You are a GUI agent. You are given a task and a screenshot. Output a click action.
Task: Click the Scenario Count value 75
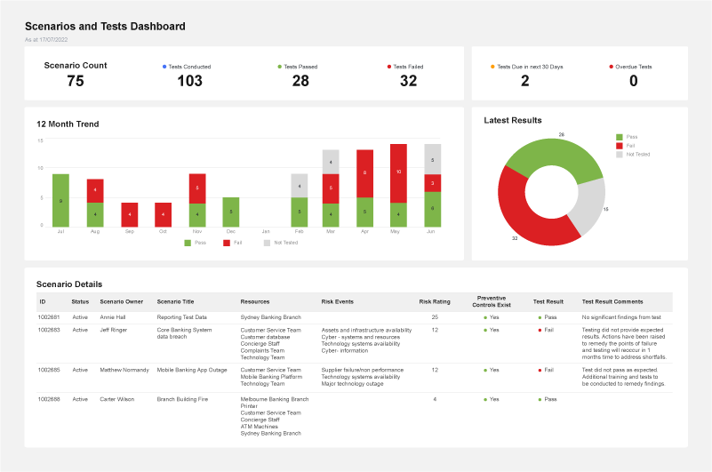(x=76, y=81)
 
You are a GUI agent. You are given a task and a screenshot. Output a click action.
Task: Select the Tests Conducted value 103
(x=189, y=81)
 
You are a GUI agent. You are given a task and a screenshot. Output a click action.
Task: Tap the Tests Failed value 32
(x=408, y=81)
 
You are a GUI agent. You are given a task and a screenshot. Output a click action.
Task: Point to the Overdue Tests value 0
(x=633, y=81)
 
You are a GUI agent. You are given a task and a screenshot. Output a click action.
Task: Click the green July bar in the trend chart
(x=60, y=200)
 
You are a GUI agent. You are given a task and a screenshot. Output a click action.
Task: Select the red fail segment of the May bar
(x=398, y=172)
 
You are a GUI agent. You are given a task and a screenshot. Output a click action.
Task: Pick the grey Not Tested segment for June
(x=432, y=159)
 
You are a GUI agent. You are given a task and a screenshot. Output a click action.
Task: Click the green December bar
(x=231, y=212)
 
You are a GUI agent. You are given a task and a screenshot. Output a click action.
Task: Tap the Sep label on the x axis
(x=129, y=231)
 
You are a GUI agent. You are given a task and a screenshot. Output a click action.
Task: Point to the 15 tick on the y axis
(x=40, y=140)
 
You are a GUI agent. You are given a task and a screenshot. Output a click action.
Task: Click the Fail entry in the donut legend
(x=630, y=145)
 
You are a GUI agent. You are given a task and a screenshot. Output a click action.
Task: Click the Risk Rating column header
(x=434, y=302)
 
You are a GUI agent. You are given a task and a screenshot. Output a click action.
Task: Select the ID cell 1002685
(x=49, y=369)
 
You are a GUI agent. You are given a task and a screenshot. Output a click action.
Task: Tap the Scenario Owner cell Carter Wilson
(x=116, y=399)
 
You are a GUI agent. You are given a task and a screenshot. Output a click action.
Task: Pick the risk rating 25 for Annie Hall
(x=435, y=316)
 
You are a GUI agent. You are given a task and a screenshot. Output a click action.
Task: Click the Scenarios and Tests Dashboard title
(x=105, y=27)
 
